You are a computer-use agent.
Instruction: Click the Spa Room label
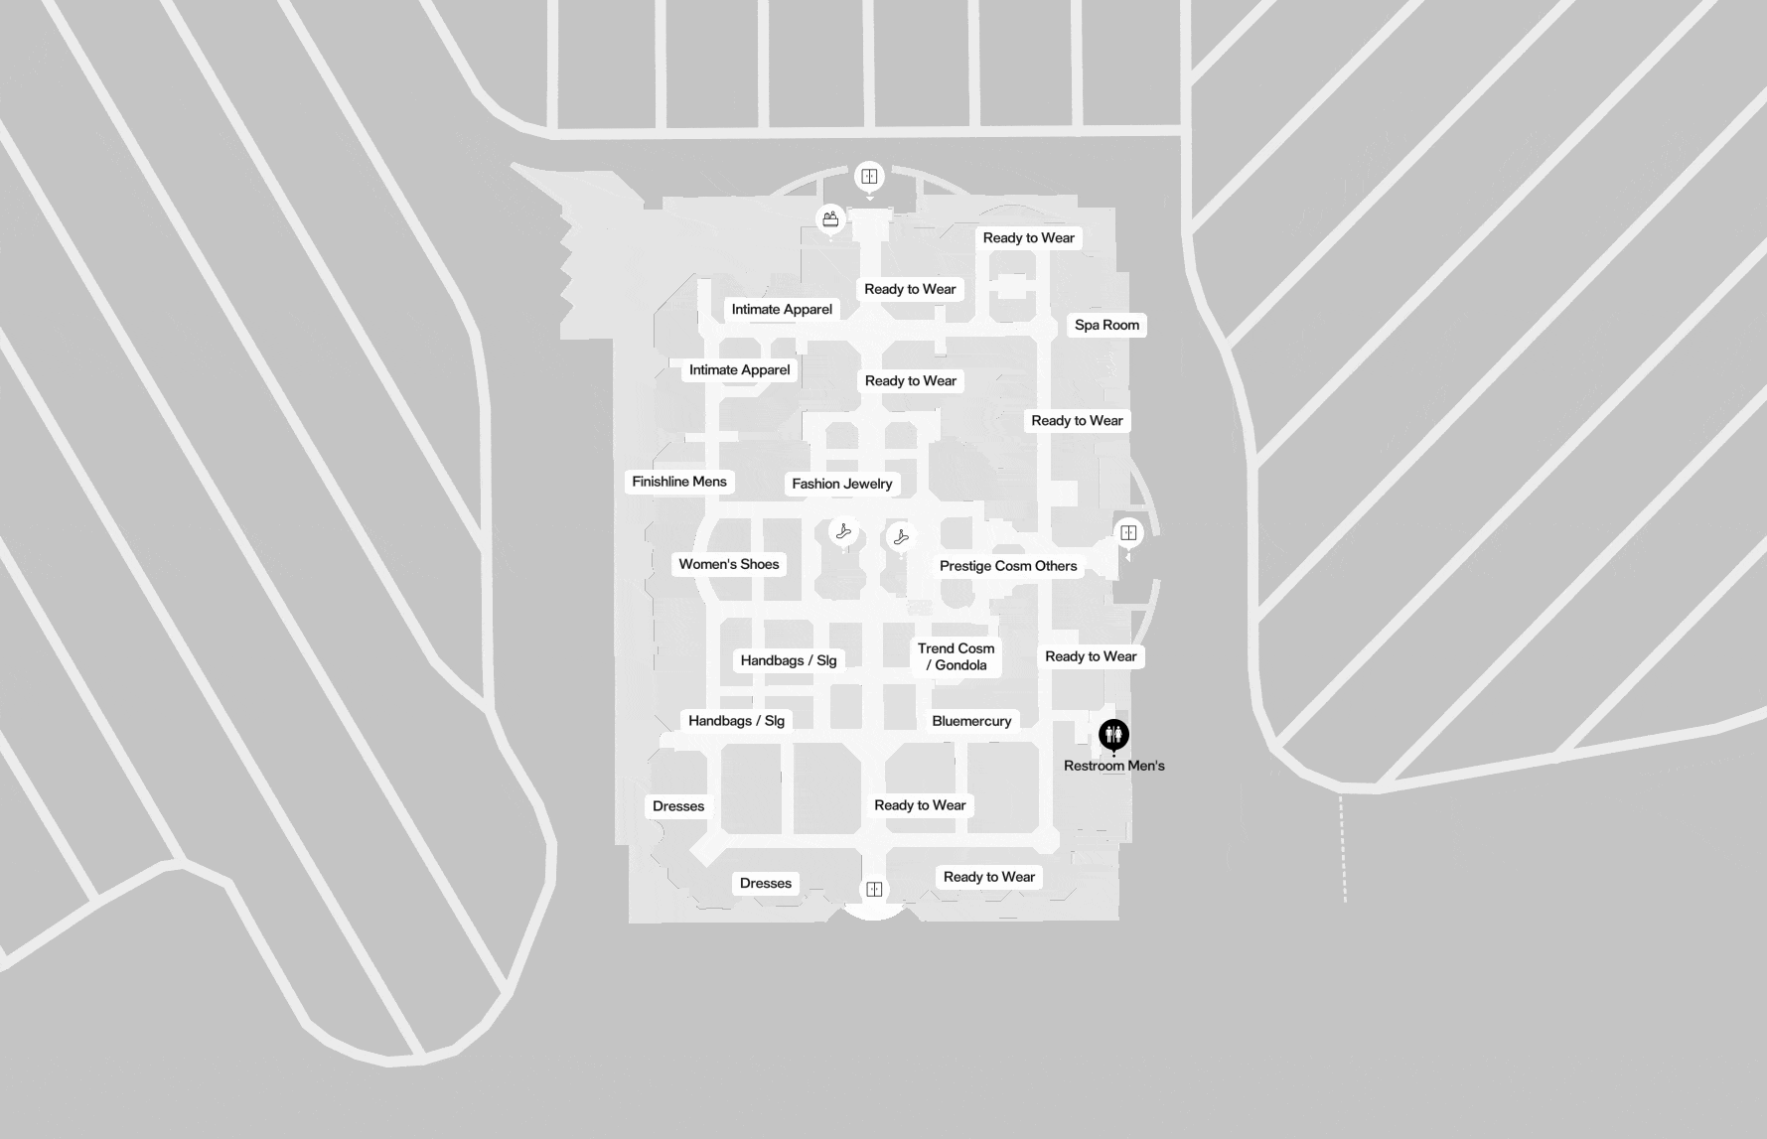click(1106, 325)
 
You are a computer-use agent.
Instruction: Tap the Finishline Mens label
click(679, 482)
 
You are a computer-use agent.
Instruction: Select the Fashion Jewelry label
click(842, 484)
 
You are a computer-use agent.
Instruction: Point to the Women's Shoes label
click(729, 564)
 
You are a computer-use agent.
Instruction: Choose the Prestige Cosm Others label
click(1008, 566)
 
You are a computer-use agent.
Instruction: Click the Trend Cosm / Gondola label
click(956, 656)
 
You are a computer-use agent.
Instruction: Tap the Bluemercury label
click(971, 721)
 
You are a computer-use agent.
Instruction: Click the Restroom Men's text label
click(1113, 766)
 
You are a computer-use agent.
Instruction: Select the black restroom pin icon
click(1114, 735)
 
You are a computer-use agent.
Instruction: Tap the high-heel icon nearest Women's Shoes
click(844, 531)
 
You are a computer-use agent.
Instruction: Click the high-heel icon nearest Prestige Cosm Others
click(901, 537)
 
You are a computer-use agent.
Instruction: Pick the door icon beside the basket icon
click(869, 177)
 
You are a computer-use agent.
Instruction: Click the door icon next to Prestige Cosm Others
click(1128, 533)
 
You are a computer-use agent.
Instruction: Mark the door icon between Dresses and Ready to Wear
click(874, 889)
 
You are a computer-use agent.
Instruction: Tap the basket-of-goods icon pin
click(830, 219)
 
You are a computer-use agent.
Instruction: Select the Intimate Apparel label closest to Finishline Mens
click(740, 370)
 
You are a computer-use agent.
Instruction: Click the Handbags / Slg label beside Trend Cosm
click(789, 660)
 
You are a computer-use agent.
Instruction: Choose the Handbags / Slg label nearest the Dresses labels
click(736, 721)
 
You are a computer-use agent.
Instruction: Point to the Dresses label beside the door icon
click(766, 883)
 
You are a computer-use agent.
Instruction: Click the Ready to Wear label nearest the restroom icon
click(1091, 656)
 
